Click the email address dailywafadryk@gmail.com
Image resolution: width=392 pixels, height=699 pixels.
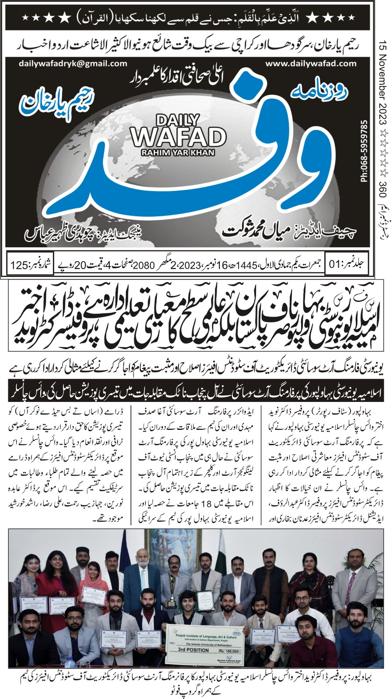(73, 63)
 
